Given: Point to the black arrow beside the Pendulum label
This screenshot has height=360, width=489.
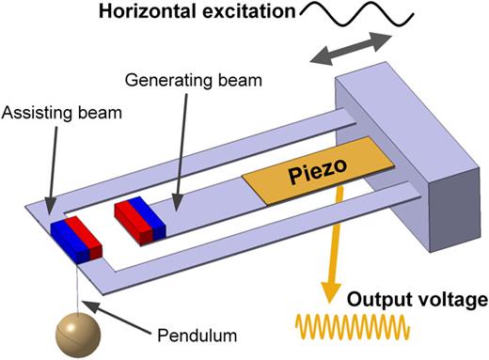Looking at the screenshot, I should (113, 314).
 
